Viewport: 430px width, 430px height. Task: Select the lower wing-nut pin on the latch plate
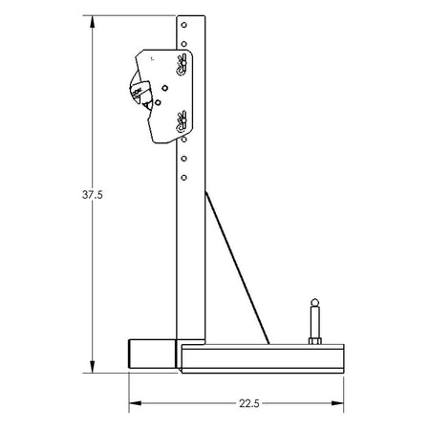click(x=180, y=120)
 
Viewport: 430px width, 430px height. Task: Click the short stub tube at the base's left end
click(x=149, y=355)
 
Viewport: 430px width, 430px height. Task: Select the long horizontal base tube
click(x=258, y=358)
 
